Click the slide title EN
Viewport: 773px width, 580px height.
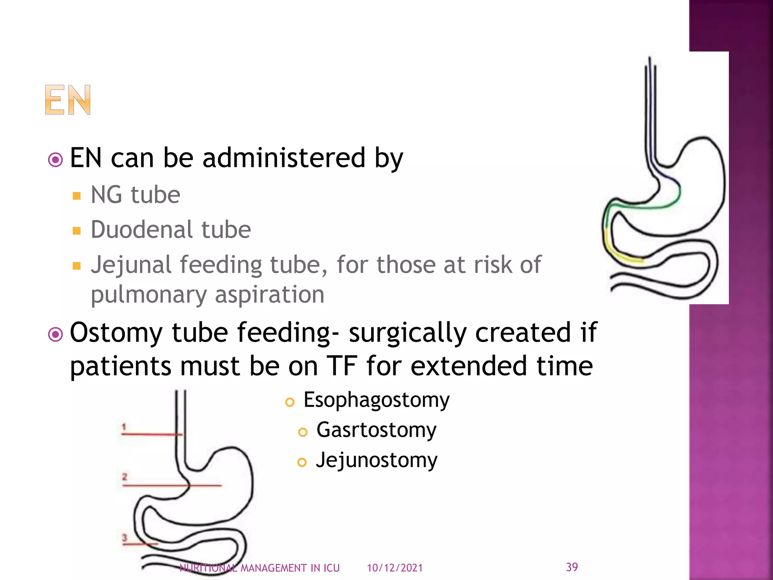click(x=68, y=100)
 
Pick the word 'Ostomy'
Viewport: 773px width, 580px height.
click(x=116, y=332)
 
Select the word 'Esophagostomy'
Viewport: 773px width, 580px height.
click(x=376, y=400)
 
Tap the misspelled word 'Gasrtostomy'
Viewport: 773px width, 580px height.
click(x=376, y=430)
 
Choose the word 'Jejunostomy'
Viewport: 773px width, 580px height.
click(x=376, y=460)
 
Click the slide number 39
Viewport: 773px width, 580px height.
click(x=572, y=567)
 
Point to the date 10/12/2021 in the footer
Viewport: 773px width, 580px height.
click(x=395, y=568)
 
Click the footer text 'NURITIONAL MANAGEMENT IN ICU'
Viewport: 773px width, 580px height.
click(x=260, y=568)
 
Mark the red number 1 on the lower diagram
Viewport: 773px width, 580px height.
click(x=124, y=427)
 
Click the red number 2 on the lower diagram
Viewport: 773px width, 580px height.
click(x=125, y=477)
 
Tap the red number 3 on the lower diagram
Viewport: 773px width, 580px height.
click(x=125, y=537)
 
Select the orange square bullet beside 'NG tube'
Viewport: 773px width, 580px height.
click(x=77, y=196)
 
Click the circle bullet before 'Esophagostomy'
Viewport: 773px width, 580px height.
click(x=290, y=402)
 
